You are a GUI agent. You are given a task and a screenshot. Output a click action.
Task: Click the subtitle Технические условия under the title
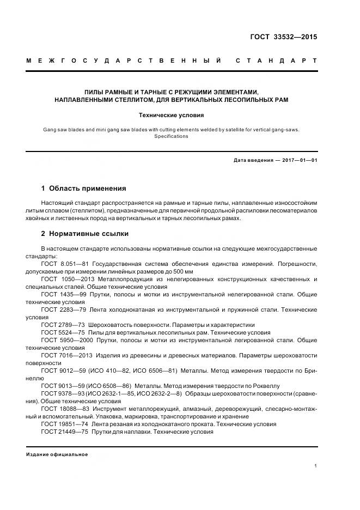pyautogui.click(x=172, y=116)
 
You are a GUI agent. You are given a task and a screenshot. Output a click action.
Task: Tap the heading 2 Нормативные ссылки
pyautogui.click(x=85, y=234)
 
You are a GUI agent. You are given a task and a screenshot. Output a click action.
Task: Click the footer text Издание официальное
pyautogui.click(x=57, y=454)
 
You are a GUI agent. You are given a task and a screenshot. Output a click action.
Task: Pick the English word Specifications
pyautogui.click(x=172, y=136)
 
